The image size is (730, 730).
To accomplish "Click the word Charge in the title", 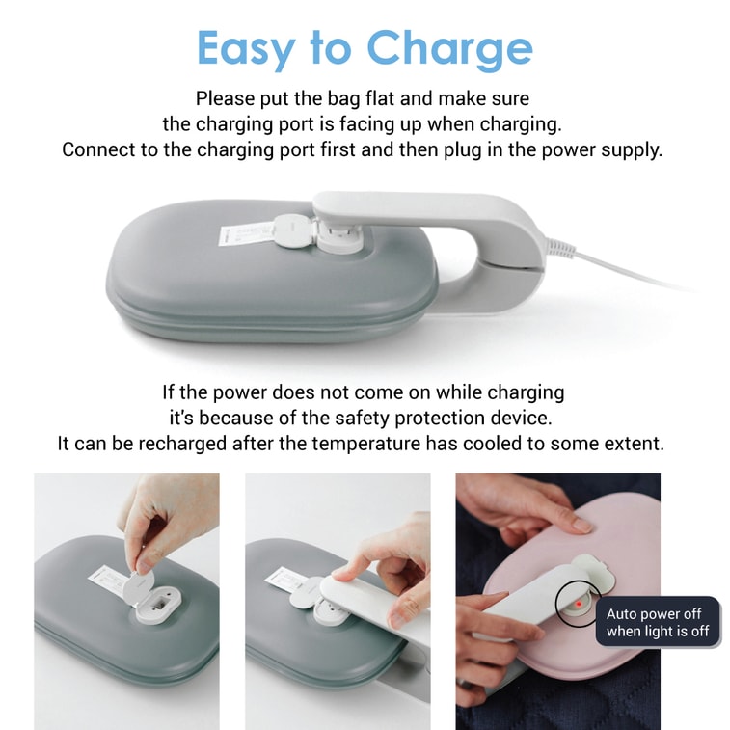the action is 449,49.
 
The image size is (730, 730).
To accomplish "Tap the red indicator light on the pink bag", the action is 579,604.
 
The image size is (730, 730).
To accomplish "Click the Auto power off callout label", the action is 658,622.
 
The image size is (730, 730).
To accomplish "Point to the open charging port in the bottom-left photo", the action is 158,605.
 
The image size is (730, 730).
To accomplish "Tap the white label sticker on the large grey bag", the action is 245,232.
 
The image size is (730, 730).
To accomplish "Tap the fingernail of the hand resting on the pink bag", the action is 582,526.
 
